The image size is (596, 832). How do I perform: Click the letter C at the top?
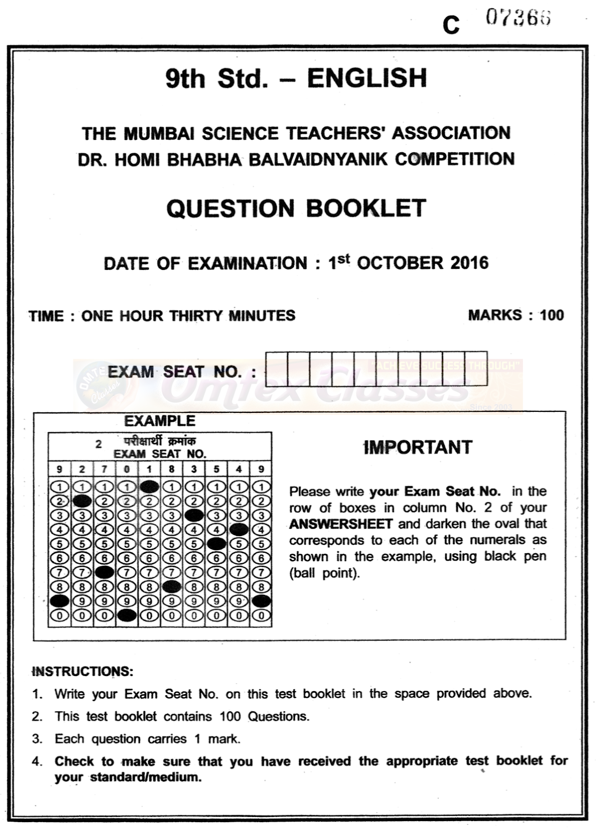click(x=451, y=24)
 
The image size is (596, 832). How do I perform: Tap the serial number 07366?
click(x=518, y=18)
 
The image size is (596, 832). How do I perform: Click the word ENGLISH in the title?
click(x=367, y=78)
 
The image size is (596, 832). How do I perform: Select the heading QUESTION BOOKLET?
click(x=296, y=209)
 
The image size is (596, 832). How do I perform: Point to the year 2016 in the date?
click(x=470, y=263)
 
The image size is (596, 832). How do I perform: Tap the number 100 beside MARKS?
click(x=552, y=315)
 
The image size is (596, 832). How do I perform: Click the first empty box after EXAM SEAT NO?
click(x=276, y=369)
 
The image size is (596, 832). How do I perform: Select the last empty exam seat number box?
click(x=476, y=369)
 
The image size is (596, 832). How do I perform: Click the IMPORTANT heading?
click(x=418, y=447)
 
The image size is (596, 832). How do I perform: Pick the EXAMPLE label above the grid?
click(x=160, y=421)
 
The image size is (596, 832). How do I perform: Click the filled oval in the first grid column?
click(x=60, y=601)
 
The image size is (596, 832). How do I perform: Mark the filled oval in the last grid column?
click(x=261, y=601)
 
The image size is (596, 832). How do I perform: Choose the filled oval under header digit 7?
click(x=105, y=573)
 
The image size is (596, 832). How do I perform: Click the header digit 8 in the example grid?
click(x=172, y=469)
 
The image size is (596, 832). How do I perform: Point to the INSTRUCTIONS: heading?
click(x=83, y=671)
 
